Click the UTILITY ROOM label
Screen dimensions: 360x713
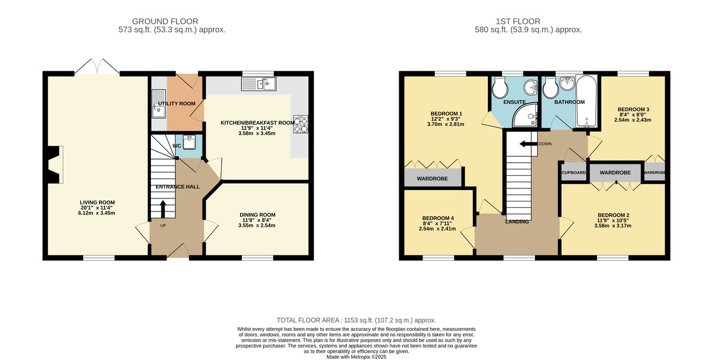(x=176, y=103)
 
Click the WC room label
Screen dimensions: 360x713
(x=176, y=146)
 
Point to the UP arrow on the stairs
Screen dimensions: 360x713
(x=162, y=210)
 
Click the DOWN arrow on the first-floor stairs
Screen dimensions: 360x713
(x=525, y=144)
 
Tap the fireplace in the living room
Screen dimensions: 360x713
(x=53, y=165)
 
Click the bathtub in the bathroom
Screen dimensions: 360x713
(x=587, y=102)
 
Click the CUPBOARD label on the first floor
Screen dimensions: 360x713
(x=574, y=173)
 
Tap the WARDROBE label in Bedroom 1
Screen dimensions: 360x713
(x=432, y=178)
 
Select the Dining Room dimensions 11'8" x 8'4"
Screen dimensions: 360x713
(x=257, y=220)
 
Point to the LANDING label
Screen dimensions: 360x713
(x=517, y=222)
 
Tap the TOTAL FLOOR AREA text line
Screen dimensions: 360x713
(x=356, y=320)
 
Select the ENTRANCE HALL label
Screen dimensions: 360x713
(x=178, y=187)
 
